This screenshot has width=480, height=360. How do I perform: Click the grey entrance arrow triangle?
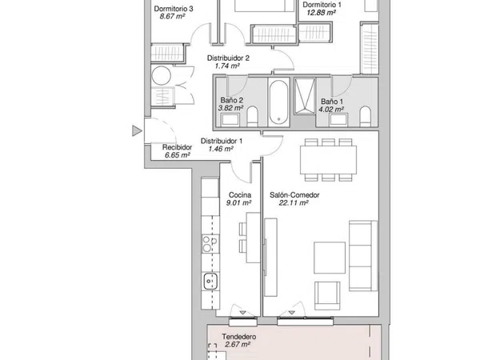(x=137, y=130)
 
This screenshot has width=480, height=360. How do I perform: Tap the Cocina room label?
(x=240, y=195)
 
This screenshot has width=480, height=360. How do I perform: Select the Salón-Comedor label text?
(x=294, y=195)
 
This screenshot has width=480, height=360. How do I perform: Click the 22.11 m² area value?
(x=294, y=202)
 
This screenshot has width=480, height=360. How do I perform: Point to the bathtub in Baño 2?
(x=278, y=102)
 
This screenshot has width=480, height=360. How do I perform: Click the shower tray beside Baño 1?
(x=305, y=96)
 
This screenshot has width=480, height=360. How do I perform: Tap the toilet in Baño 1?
(x=365, y=116)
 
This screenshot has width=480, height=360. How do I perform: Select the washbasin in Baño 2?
(x=230, y=120)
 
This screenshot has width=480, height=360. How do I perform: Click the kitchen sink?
(x=210, y=281)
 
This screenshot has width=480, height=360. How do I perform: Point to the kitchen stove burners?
(x=210, y=244)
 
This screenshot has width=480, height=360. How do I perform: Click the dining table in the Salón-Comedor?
(x=328, y=160)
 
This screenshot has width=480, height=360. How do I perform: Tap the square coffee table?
(x=330, y=258)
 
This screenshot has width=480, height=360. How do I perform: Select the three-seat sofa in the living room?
(x=363, y=256)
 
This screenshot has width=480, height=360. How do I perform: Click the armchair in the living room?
(x=327, y=295)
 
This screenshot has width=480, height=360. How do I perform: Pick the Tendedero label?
(x=238, y=337)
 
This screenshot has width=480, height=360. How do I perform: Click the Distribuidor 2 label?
(x=228, y=58)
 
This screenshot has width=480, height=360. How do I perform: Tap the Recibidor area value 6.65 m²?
(x=178, y=155)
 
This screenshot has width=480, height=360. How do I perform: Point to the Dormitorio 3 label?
(x=174, y=9)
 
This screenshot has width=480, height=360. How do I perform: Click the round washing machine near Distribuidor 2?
(x=162, y=76)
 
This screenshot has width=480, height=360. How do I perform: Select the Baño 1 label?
(x=332, y=102)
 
